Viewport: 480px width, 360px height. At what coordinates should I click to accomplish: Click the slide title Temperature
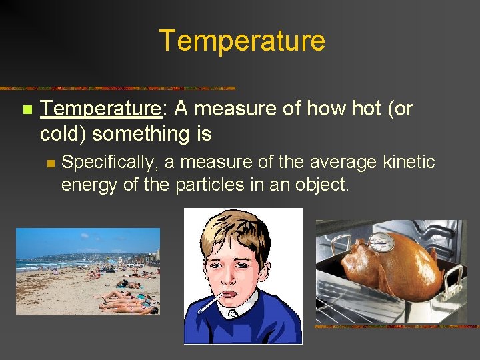pos(242,41)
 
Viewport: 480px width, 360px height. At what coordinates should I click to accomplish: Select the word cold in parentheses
pos(63,134)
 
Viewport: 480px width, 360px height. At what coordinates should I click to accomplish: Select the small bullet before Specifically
pos(49,163)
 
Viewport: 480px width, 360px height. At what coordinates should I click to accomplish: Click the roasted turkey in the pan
pos(393,267)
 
